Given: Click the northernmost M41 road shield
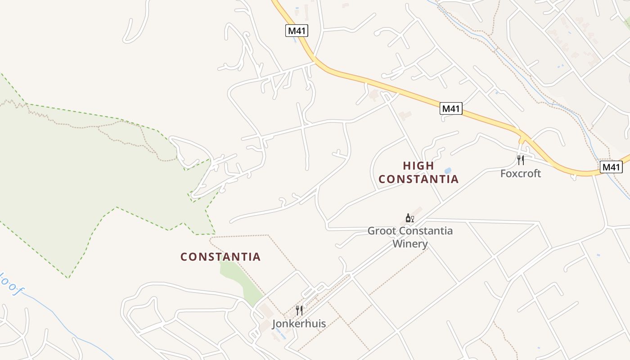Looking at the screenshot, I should click(x=297, y=31).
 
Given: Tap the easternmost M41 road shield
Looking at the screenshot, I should click(x=611, y=167).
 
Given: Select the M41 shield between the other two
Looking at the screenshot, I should click(x=451, y=108).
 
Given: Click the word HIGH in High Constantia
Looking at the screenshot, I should click(x=418, y=166).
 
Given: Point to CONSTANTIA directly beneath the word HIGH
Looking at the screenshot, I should click(x=418, y=179).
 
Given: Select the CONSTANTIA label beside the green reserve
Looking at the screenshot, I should click(x=220, y=257).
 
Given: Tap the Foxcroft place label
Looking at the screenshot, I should click(x=521, y=173).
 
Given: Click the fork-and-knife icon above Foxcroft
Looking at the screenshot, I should click(x=521, y=160).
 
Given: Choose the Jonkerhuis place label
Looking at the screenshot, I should click(x=299, y=323).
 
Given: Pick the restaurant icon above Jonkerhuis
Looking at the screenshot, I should click(x=299, y=310).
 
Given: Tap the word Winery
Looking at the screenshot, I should click(x=410, y=244).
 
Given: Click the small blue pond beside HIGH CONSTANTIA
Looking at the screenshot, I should click(x=448, y=171).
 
